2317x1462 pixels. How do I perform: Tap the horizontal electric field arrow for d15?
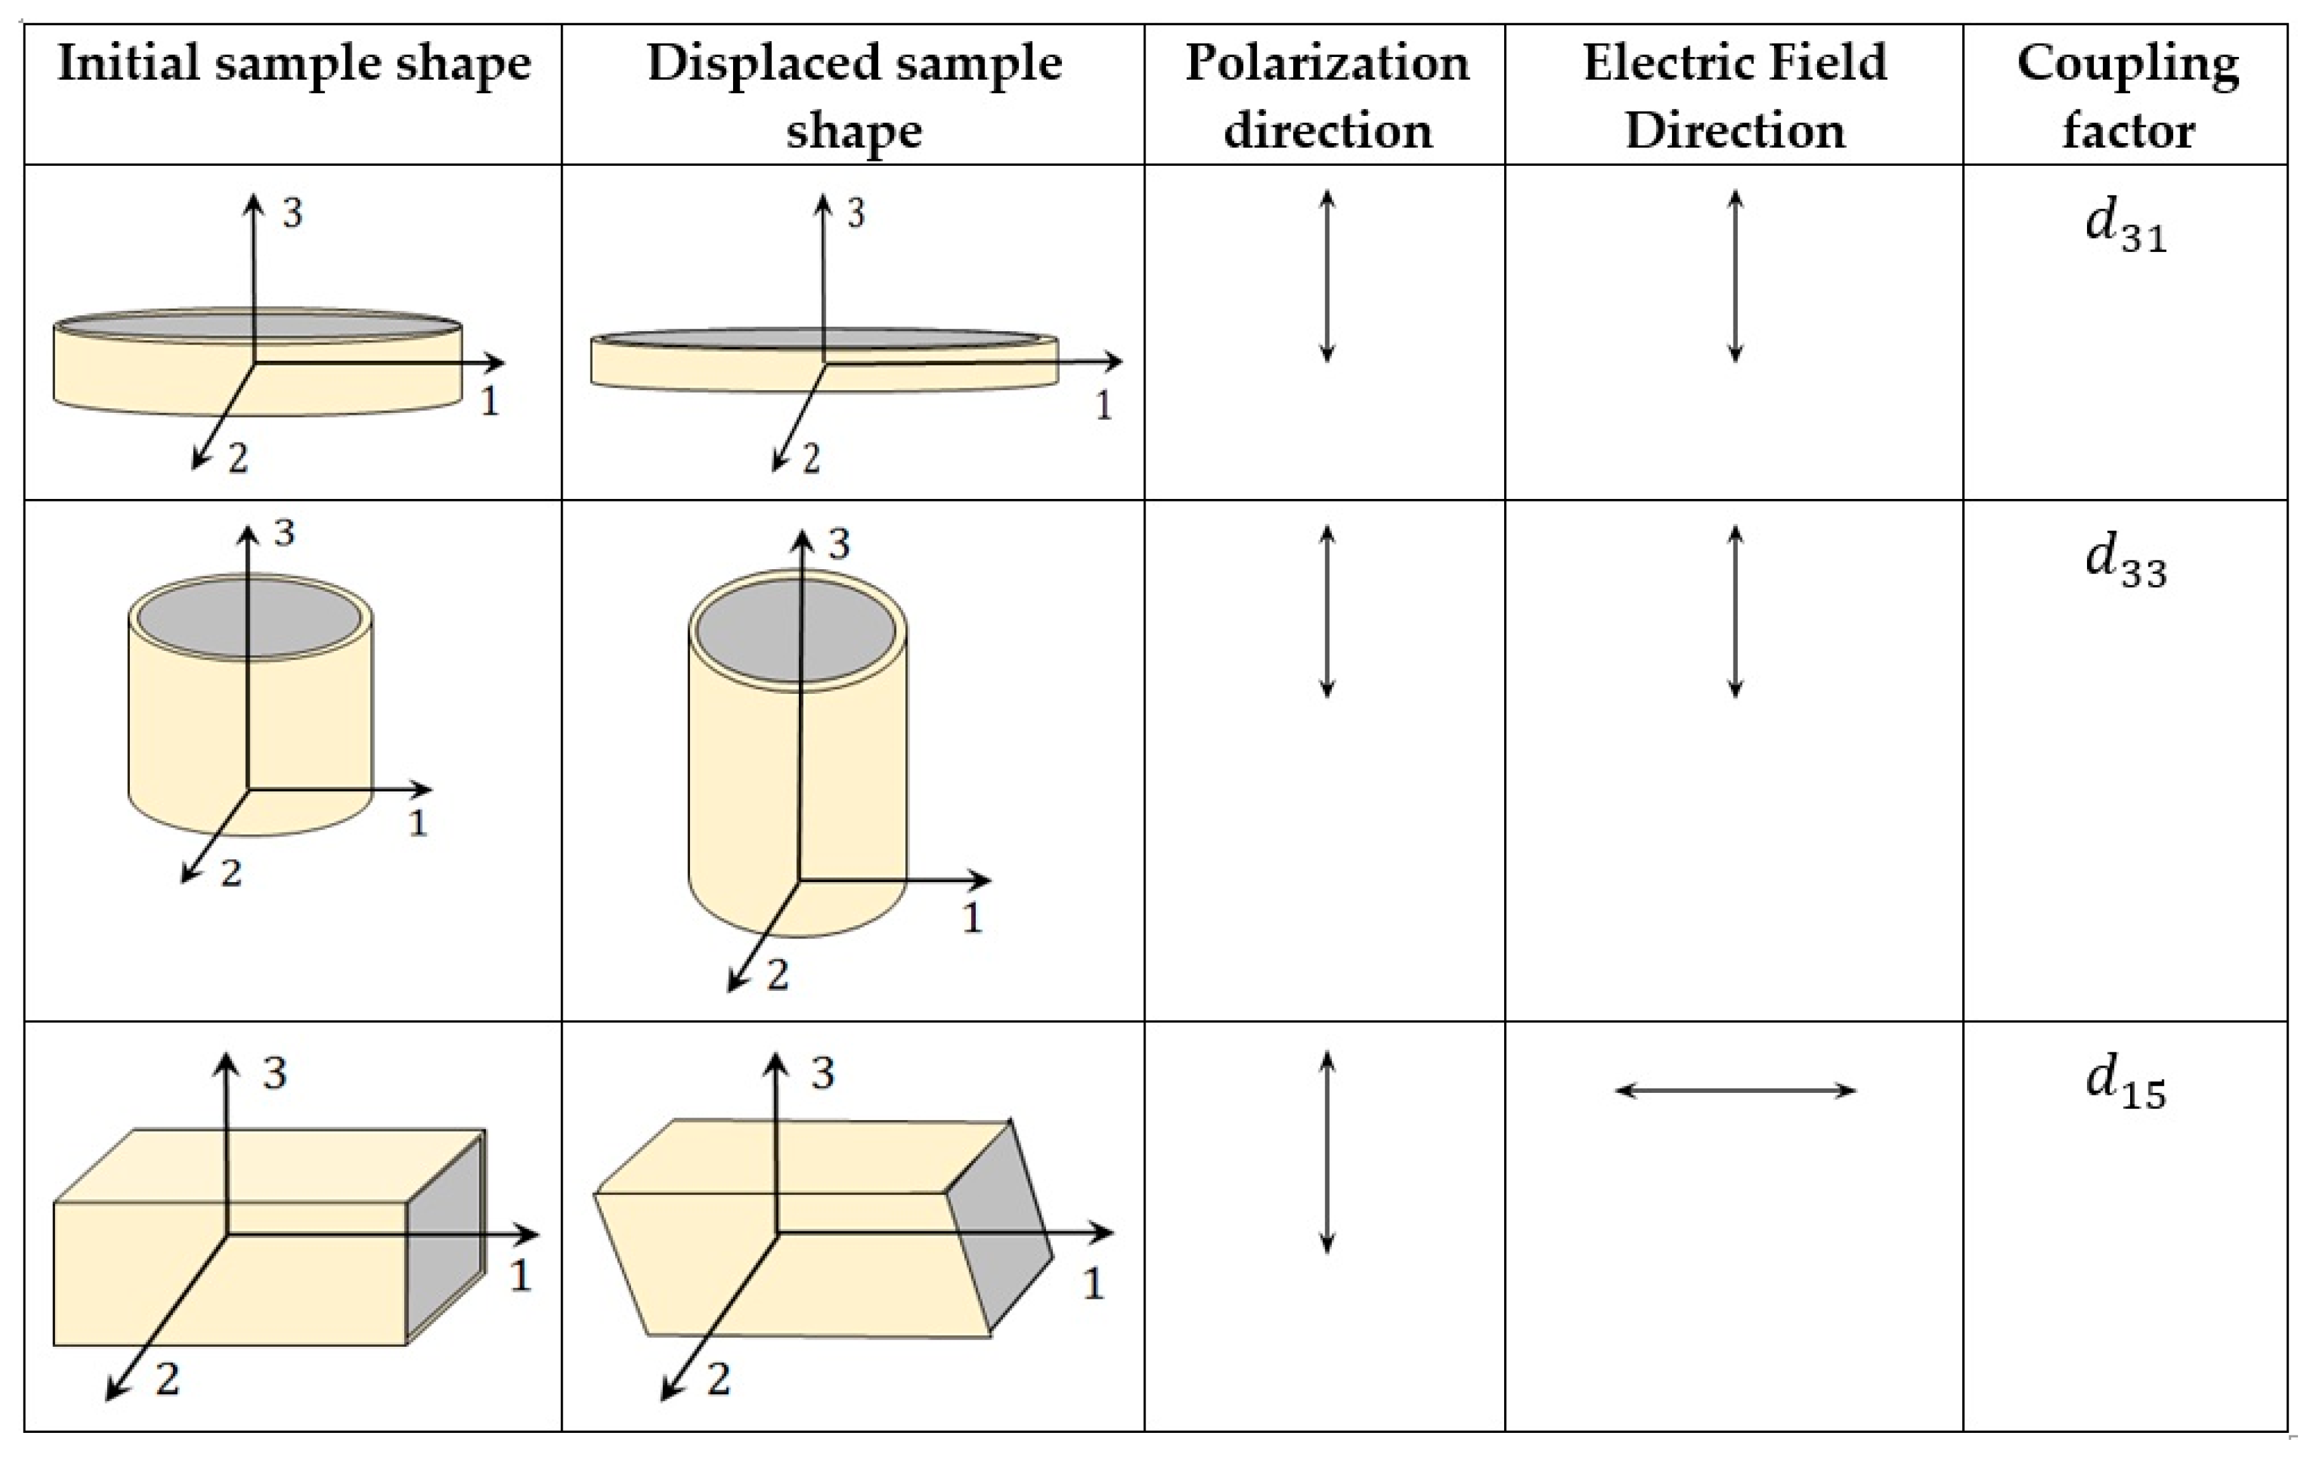click(1735, 1091)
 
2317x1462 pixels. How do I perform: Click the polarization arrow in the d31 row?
click(1327, 276)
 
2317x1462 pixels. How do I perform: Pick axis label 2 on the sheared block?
click(718, 1379)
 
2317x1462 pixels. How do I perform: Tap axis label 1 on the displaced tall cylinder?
click(972, 919)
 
